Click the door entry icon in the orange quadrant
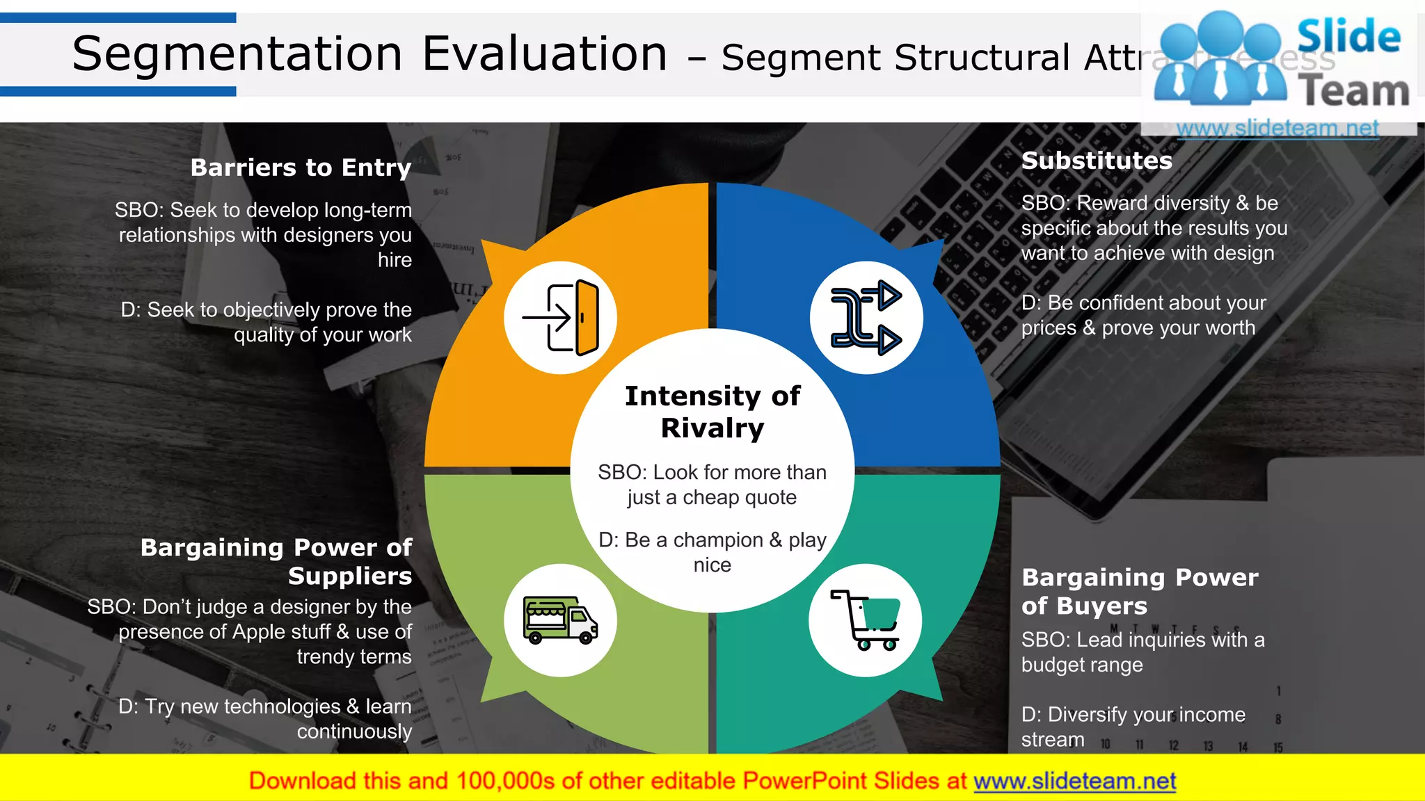click(x=561, y=318)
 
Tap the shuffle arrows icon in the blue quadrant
click(x=866, y=318)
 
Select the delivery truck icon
click(x=560, y=620)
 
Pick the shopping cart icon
click(x=866, y=620)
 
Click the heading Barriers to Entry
click(x=301, y=168)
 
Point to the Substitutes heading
click(x=1097, y=161)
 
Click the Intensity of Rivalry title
click(x=712, y=412)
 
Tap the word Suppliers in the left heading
click(x=350, y=576)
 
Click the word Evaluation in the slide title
click(x=545, y=54)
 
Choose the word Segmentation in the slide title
click(x=237, y=54)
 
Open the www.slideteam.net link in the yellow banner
click(x=1074, y=781)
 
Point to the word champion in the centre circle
click(x=718, y=540)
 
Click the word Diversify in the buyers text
click(x=1089, y=715)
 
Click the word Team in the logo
click(x=1353, y=92)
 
